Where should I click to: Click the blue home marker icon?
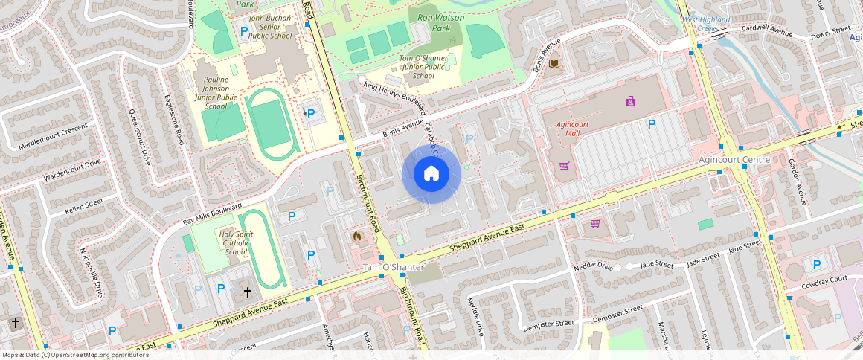(431, 174)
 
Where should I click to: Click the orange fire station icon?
(357, 236)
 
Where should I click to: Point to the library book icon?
(554, 65)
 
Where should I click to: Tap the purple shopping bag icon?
(631, 101)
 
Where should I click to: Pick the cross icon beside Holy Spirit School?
(248, 293)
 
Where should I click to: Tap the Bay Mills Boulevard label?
(213, 214)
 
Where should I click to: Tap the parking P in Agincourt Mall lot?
(652, 124)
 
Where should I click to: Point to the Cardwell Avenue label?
(766, 31)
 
